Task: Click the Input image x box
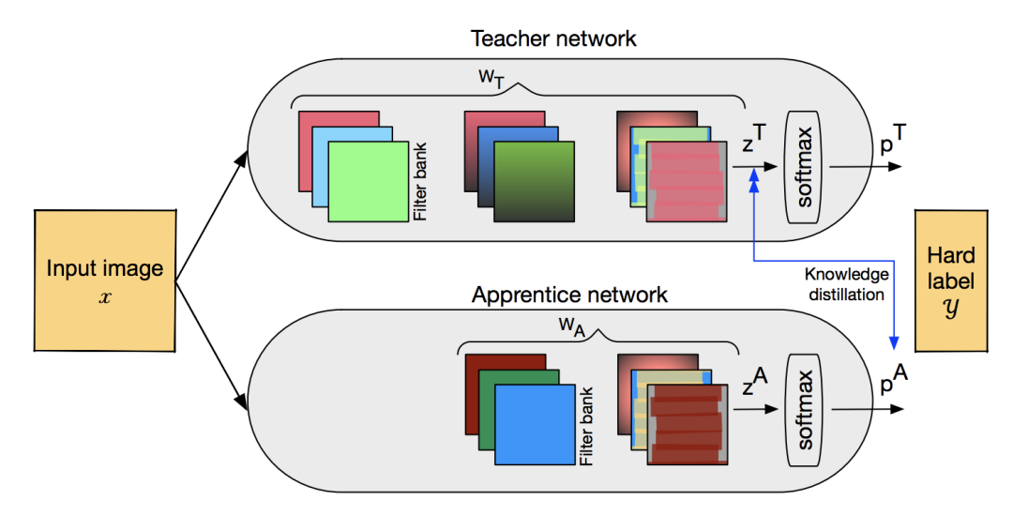click(x=104, y=280)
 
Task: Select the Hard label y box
click(x=950, y=280)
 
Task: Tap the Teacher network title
click(x=553, y=38)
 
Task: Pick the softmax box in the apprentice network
click(x=805, y=409)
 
